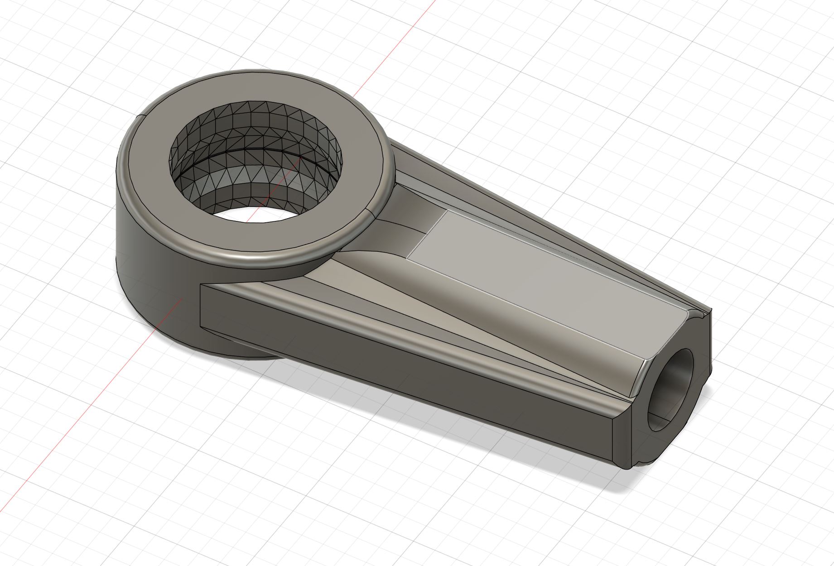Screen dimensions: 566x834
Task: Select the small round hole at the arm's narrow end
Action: [x=671, y=389]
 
